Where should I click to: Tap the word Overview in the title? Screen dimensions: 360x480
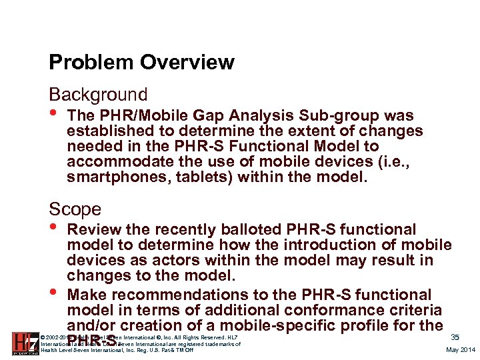(x=181, y=63)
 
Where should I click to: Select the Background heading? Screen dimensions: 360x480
(x=98, y=95)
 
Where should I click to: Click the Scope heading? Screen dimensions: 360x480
(x=75, y=209)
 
